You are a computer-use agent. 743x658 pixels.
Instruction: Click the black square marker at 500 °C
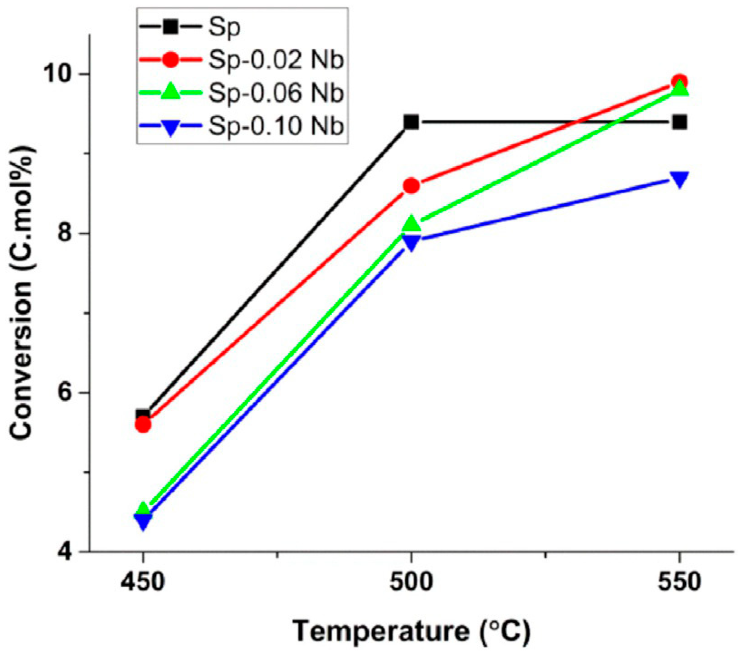pyautogui.click(x=411, y=122)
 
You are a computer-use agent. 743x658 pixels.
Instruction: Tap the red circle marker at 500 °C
pyautogui.click(x=411, y=186)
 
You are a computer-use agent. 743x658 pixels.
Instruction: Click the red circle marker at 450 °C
pyautogui.click(x=143, y=424)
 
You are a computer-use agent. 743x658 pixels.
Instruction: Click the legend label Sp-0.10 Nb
pyautogui.click(x=276, y=127)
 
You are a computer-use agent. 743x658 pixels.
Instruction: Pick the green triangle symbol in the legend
pyautogui.click(x=170, y=94)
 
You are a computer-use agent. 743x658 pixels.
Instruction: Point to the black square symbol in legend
pyautogui.click(x=170, y=28)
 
